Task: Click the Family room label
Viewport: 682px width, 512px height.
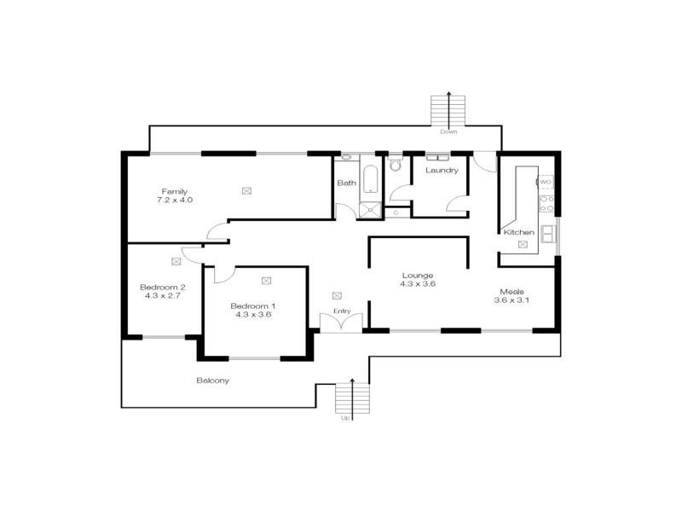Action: click(x=175, y=191)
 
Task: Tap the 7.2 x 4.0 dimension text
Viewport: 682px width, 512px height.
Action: click(x=175, y=201)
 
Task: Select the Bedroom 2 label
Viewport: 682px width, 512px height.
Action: click(x=162, y=287)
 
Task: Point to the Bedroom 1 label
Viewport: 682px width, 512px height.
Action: click(x=253, y=305)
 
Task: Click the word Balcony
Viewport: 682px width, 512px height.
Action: click(x=212, y=381)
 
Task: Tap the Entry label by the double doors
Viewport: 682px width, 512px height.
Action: click(x=341, y=311)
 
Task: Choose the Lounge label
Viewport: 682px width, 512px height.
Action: click(x=419, y=275)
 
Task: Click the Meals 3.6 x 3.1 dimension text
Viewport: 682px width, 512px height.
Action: click(x=515, y=300)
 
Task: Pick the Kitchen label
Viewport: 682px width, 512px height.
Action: click(x=519, y=232)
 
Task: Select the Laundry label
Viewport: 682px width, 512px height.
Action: click(x=442, y=170)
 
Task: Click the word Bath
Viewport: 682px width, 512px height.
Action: click(x=346, y=183)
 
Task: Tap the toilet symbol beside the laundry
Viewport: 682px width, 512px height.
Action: click(x=394, y=165)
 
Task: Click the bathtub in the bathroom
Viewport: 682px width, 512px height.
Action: click(x=371, y=177)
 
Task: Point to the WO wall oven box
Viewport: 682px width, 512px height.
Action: click(x=546, y=182)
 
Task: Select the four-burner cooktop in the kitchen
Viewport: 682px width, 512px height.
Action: click(x=546, y=203)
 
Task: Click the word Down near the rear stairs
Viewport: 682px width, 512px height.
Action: click(x=449, y=132)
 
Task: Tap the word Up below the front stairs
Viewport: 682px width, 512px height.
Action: click(x=345, y=418)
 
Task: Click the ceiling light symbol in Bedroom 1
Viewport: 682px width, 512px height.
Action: click(x=266, y=280)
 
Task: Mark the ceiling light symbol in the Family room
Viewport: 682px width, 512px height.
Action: click(x=247, y=190)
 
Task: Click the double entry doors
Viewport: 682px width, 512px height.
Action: click(x=334, y=323)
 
